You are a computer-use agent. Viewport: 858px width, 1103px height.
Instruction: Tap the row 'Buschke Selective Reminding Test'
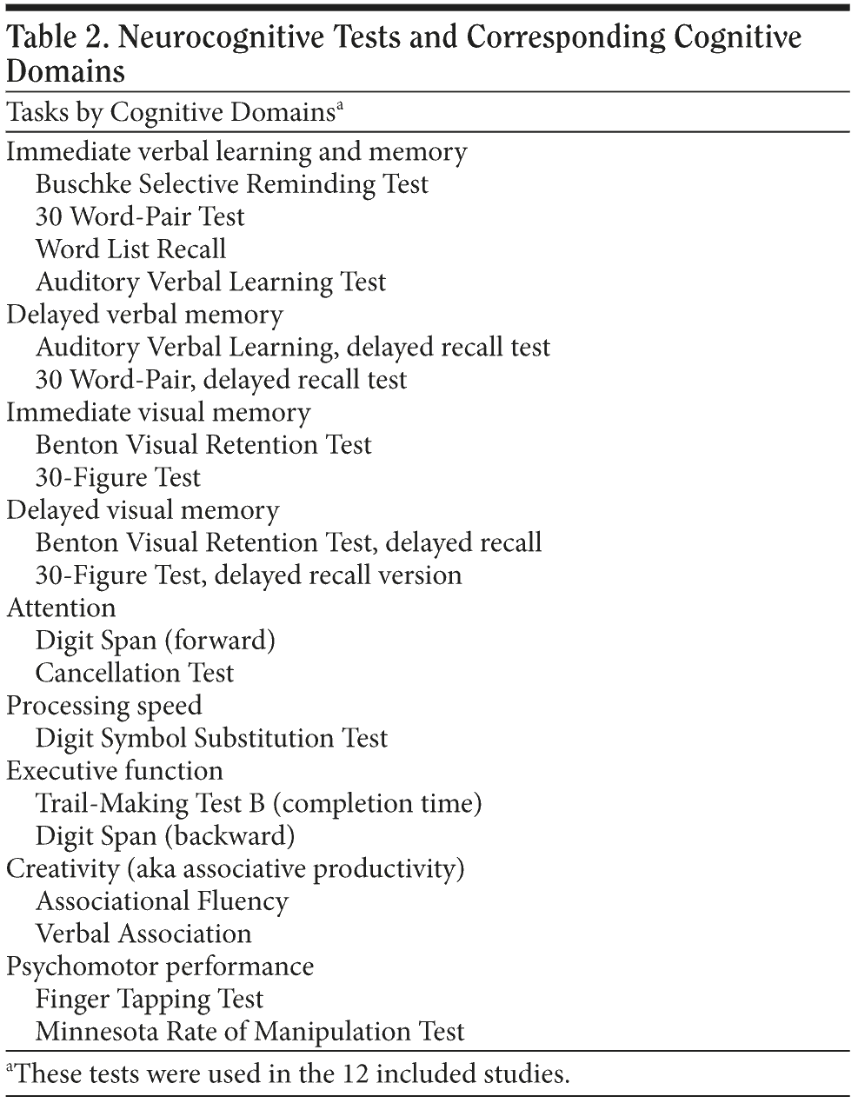(x=232, y=184)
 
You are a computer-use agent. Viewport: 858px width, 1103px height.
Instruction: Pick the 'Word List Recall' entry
(x=130, y=249)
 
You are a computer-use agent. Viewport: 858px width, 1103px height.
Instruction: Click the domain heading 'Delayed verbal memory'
(x=144, y=315)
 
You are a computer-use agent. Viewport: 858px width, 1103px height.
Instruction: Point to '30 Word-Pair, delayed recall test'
(x=221, y=380)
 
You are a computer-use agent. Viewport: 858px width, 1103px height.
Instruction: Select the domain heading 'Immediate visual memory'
(x=158, y=412)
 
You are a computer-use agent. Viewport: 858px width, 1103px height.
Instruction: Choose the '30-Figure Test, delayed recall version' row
(x=249, y=575)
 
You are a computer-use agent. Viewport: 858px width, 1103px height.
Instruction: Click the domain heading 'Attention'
(x=61, y=608)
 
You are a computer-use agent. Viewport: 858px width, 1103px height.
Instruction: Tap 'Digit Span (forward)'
(x=156, y=641)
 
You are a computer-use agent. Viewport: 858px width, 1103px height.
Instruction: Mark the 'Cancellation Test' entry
(x=135, y=673)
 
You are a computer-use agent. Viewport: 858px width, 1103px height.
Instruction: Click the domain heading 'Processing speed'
(x=103, y=706)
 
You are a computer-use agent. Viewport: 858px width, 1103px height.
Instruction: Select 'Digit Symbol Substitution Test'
(x=211, y=738)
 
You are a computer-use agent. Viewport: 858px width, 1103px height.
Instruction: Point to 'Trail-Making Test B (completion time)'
(x=258, y=803)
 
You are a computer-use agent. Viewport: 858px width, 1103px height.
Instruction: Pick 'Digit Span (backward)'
(x=165, y=836)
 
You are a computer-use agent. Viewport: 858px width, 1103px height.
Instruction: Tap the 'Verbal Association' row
(x=143, y=934)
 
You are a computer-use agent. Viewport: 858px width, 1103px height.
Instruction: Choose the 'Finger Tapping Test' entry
(x=150, y=999)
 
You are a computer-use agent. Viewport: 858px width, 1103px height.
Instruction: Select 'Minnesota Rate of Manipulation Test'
(x=250, y=1032)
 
